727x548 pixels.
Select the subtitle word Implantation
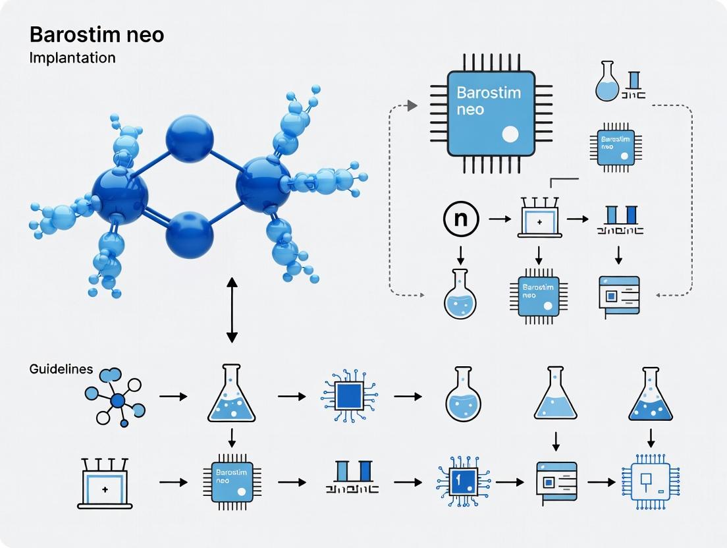72,57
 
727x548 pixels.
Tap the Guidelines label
61,369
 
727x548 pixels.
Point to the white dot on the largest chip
510,135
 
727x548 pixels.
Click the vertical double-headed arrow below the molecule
232,310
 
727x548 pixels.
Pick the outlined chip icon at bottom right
650,483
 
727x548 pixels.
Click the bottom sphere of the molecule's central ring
189,235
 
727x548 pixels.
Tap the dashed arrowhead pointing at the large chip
413,105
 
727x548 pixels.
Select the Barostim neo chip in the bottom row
232,483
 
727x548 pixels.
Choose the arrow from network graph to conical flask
173,397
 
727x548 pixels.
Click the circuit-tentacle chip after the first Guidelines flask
348,396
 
